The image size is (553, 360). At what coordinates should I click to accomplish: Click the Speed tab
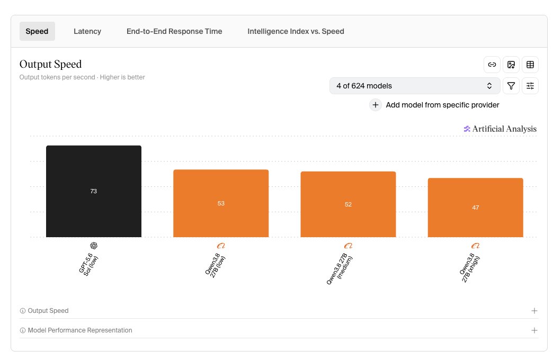click(x=37, y=31)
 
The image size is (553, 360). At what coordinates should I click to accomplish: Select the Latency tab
click(x=87, y=31)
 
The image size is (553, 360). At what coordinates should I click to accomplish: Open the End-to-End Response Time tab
click(x=174, y=31)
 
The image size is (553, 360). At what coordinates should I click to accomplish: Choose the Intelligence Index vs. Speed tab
click(x=296, y=31)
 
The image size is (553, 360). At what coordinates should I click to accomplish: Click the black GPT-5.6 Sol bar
click(x=94, y=191)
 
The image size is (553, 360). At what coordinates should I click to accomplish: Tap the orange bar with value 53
click(x=221, y=203)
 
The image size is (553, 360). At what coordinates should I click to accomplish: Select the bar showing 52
click(x=348, y=204)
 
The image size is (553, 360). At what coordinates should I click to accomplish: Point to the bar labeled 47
click(x=476, y=208)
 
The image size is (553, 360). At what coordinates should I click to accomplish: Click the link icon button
click(x=492, y=65)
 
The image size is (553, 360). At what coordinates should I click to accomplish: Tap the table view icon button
click(x=530, y=65)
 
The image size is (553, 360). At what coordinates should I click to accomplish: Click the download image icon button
click(x=511, y=65)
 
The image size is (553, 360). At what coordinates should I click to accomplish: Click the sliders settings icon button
click(x=530, y=86)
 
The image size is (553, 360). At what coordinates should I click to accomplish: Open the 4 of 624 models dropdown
click(x=415, y=86)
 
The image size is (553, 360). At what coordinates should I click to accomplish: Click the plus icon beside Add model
click(x=376, y=105)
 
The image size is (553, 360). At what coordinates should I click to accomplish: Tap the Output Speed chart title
click(x=50, y=64)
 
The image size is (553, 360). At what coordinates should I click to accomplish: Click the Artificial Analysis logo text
click(x=504, y=129)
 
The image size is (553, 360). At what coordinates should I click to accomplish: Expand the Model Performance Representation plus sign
click(x=534, y=330)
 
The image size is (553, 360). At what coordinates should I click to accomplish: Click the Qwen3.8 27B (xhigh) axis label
click(x=470, y=268)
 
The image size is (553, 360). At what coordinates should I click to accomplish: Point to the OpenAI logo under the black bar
click(x=94, y=246)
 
